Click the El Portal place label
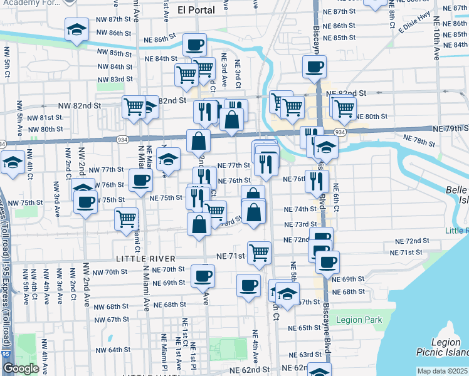click(196, 9)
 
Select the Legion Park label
click(359, 320)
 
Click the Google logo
click(21, 368)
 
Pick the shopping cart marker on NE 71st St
click(259, 253)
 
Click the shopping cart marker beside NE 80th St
click(344, 108)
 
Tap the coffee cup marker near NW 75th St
click(85, 202)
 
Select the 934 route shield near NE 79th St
click(339, 132)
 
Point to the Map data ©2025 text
click(443, 371)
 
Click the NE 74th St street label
click(300, 209)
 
